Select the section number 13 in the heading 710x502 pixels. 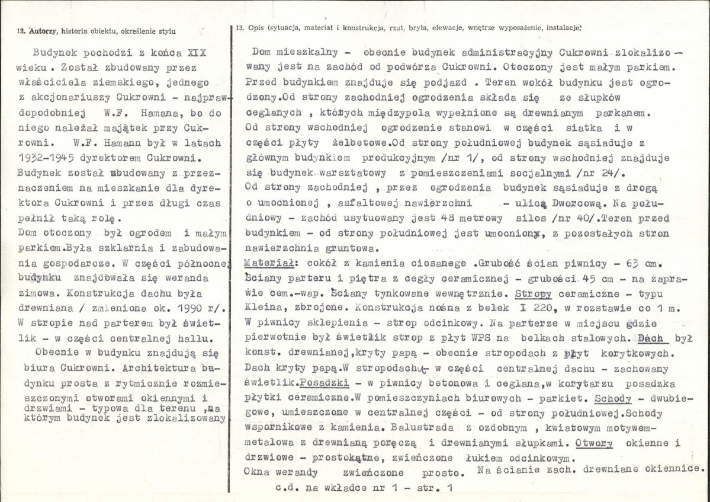point(239,27)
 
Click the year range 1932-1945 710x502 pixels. point(47,159)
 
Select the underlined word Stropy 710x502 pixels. point(533,293)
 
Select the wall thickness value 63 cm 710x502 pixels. point(653,261)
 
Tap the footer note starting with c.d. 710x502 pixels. point(364,490)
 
